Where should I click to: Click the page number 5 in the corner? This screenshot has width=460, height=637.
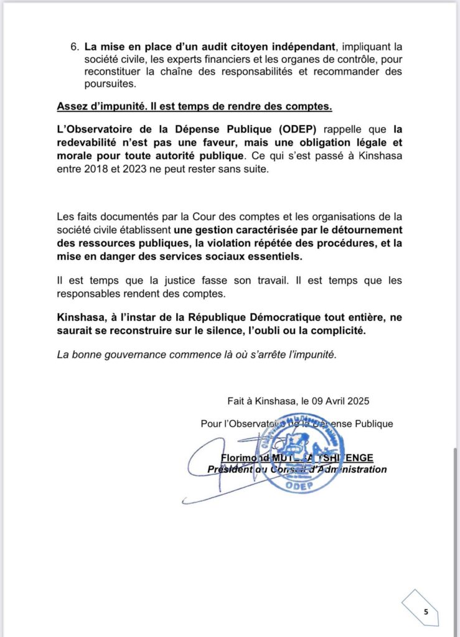426,611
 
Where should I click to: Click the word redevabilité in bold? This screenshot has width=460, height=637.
88,142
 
